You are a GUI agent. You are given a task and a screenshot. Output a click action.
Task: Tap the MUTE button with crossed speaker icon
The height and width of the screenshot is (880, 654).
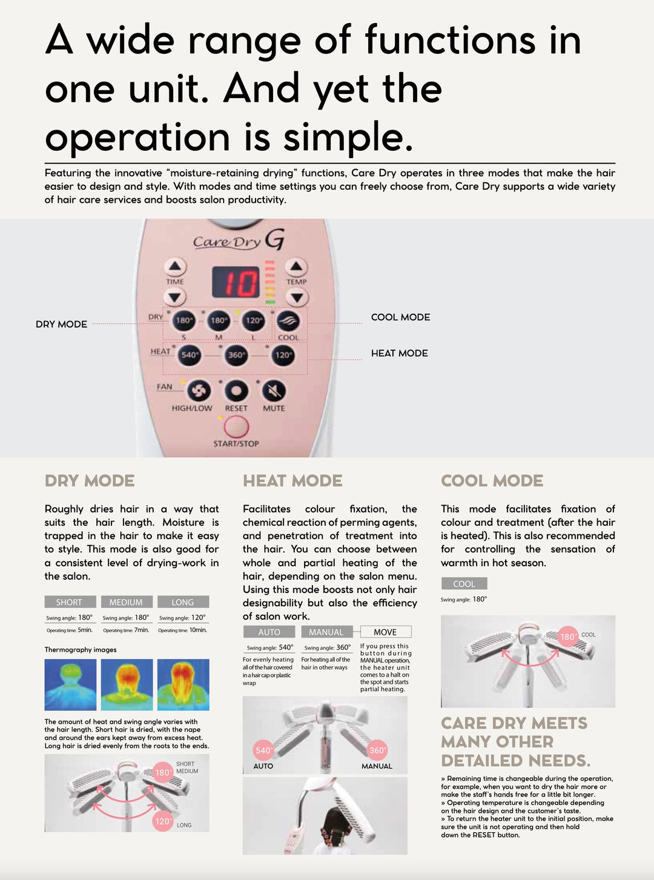[274, 391]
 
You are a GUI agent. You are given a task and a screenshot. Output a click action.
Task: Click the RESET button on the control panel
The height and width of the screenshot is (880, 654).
[237, 391]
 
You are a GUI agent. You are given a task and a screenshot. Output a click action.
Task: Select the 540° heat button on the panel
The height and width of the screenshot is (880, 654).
[189, 355]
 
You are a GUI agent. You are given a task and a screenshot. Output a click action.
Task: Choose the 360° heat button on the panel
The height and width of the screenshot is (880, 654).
[236, 355]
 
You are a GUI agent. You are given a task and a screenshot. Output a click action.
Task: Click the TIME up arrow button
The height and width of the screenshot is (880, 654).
[175, 266]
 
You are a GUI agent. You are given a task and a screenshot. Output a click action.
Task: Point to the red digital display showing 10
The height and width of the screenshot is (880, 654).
[236, 282]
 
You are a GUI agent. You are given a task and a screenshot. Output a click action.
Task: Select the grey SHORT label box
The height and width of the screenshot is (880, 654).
[70, 602]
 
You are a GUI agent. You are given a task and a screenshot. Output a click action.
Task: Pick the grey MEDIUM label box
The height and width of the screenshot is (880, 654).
[127, 602]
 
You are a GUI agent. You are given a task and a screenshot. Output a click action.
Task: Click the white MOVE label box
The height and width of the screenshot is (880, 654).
[386, 632]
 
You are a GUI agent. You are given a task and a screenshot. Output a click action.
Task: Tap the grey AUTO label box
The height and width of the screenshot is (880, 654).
[269, 632]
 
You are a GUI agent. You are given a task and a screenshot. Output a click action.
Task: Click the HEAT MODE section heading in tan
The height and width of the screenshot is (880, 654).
[293, 481]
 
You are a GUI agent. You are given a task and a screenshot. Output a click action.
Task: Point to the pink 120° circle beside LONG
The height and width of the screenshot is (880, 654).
[163, 821]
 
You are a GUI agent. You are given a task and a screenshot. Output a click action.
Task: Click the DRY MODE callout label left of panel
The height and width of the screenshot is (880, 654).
[62, 324]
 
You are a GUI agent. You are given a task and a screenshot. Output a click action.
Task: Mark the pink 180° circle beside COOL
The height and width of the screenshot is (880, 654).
[568, 637]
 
